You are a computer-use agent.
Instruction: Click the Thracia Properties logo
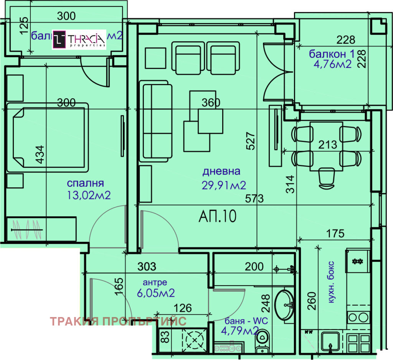click(79, 39)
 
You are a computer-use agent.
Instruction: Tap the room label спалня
click(85, 183)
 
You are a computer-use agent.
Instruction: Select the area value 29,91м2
click(224, 186)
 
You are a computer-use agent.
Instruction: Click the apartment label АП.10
click(217, 217)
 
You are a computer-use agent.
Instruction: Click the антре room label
click(155, 283)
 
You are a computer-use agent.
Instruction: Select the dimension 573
click(255, 199)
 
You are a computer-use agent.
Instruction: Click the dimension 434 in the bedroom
click(40, 155)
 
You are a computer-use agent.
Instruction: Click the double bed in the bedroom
click(48, 136)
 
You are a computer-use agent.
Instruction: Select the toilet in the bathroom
click(263, 340)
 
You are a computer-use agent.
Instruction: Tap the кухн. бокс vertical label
click(331, 283)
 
